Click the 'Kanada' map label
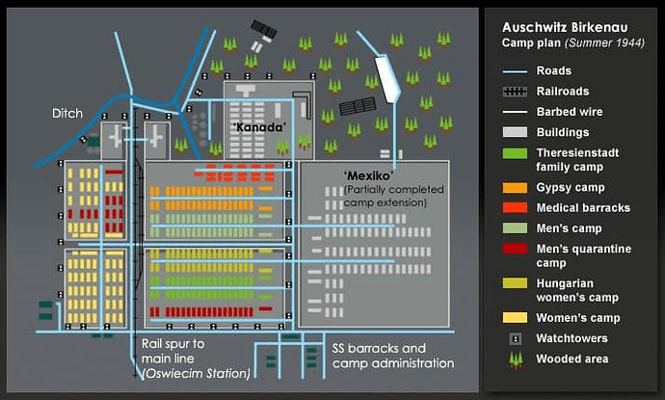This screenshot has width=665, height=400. (x=259, y=127)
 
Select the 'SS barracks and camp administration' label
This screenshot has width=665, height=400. (x=392, y=356)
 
